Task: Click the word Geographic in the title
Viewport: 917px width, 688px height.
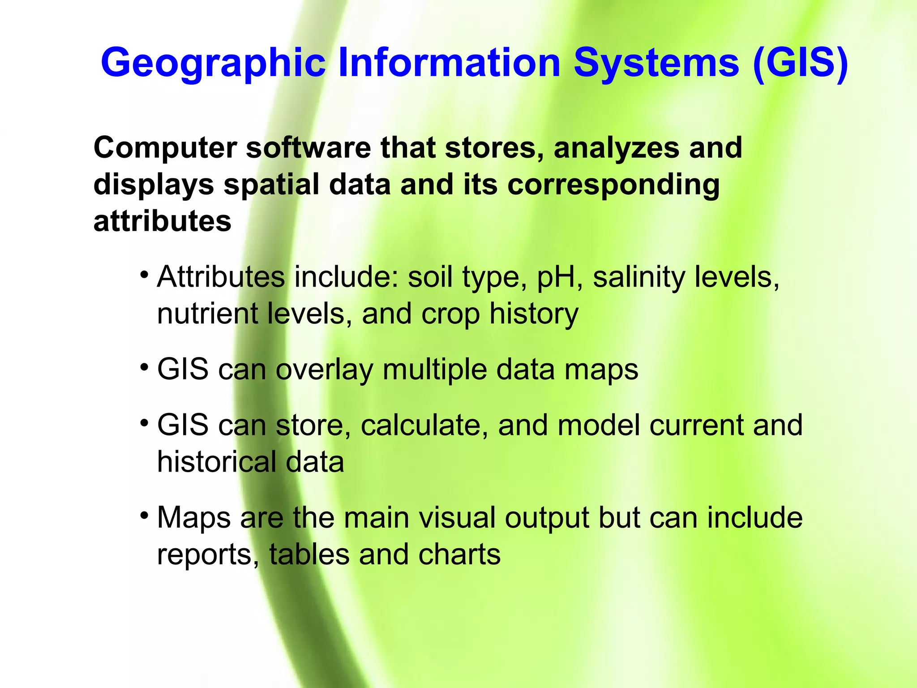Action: pyautogui.click(x=213, y=64)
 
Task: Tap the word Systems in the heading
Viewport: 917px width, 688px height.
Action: pyautogui.click(x=656, y=63)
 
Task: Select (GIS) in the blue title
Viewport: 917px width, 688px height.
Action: pyautogui.click(x=801, y=64)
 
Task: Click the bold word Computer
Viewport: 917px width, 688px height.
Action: pyautogui.click(x=165, y=148)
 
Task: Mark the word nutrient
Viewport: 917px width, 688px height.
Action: pyautogui.click(x=207, y=314)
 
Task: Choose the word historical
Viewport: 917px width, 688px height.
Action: pyautogui.click(x=217, y=462)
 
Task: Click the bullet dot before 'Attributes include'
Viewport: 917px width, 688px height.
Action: pyautogui.click(x=144, y=274)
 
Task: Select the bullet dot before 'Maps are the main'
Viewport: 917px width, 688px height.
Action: pyautogui.click(x=144, y=516)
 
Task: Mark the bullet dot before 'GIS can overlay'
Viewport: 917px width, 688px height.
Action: pyautogui.click(x=144, y=367)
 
